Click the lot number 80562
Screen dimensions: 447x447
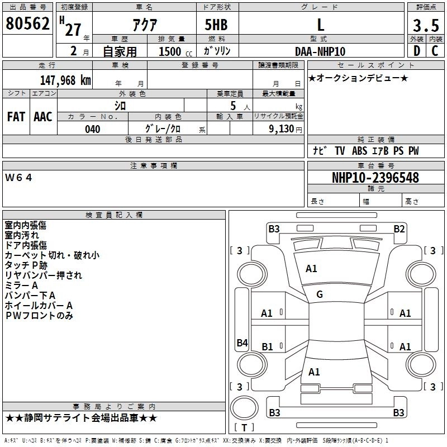[27, 23]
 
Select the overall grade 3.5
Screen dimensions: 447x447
[426, 25]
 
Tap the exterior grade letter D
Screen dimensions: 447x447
[416, 51]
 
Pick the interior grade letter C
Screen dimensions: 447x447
[435, 51]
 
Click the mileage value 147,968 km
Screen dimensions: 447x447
[65, 80]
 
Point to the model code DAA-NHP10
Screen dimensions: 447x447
[320, 51]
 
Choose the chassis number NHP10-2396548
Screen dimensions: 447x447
[375, 178]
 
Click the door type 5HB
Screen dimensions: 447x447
[216, 25]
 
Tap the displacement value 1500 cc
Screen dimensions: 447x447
[175, 51]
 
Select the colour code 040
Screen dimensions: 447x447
[93, 129]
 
